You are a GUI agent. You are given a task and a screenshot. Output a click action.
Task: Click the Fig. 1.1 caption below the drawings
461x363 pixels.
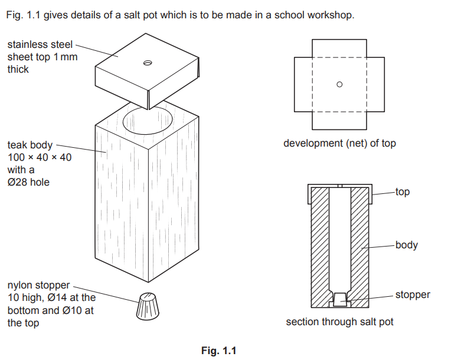point(218,351)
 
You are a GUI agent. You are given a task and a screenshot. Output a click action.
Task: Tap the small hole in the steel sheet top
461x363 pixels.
point(147,62)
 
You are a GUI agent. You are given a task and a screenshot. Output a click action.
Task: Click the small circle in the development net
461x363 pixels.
point(339,85)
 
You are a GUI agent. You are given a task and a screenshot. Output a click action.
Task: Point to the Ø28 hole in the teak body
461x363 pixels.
point(148,121)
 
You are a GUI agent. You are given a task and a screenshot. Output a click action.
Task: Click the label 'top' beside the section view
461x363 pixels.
point(403,192)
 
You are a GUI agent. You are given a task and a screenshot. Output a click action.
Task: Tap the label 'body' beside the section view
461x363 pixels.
point(406,245)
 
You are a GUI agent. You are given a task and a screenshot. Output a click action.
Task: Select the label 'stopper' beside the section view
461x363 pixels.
point(413,294)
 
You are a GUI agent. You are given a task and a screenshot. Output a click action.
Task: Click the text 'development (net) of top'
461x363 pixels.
point(339,143)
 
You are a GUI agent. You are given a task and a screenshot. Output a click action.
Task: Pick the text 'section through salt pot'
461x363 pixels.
point(339,322)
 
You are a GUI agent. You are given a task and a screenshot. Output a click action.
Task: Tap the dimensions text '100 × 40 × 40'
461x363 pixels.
point(40,157)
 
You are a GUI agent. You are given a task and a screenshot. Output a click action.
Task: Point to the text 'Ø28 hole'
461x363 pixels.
point(28,182)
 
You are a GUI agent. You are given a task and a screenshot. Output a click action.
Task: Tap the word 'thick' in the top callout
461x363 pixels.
point(18,69)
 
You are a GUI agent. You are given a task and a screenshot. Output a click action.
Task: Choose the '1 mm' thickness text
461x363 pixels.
point(66,57)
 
